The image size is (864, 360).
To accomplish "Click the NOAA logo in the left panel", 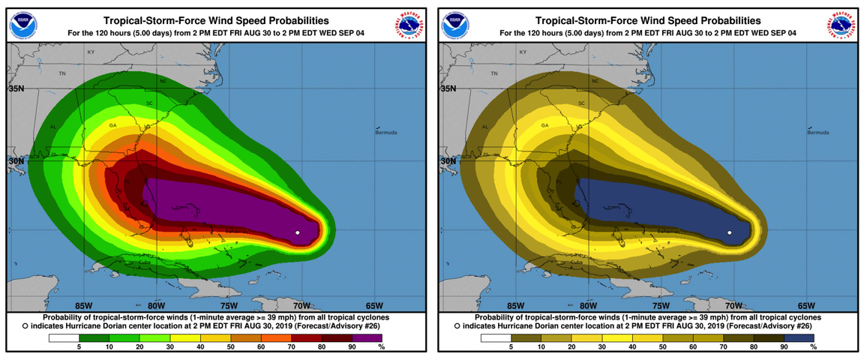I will pos(22,26).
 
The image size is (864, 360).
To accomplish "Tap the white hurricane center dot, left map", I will pos(298,233).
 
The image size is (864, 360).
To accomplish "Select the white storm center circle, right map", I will pos(730,233).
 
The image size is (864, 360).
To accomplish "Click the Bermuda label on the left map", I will pos(386,133).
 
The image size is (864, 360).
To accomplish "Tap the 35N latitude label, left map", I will pos(16,88).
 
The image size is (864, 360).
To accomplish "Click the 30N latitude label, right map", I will pos(448,161).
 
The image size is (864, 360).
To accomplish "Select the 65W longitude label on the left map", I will pos(374,305).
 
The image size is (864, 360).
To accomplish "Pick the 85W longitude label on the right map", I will pos(515,305).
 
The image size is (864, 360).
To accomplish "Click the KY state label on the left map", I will pos(91,52).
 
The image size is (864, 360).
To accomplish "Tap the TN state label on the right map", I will pos(494,73).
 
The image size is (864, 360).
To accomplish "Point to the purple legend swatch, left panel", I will pos(367,337).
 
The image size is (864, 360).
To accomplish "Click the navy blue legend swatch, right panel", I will pos(799,337).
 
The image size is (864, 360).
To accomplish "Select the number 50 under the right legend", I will pos(661,347).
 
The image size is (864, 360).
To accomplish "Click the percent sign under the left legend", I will pos(381,347).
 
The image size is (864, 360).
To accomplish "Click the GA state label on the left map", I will pos(113,125).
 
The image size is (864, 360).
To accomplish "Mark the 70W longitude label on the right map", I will pos(733,305).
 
